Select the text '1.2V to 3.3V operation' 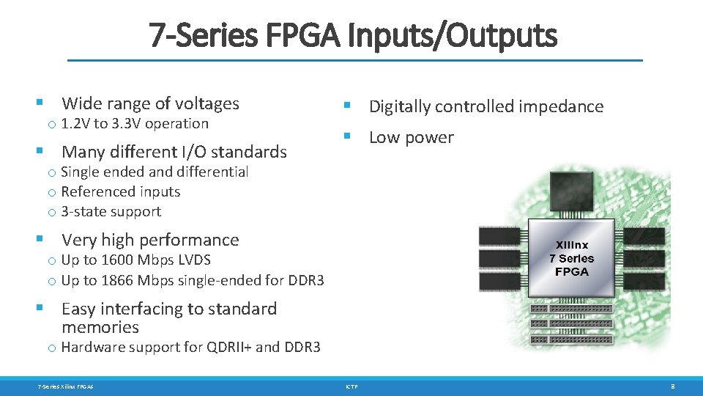[135, 123]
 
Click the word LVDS [193, 260]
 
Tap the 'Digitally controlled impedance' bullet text [486, 106]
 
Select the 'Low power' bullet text [411, 137]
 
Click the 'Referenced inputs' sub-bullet [121, 191]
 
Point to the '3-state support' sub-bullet [111, 211]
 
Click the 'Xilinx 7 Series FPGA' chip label [572, 258]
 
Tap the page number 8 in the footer [673, 386]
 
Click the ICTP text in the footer [351, 386]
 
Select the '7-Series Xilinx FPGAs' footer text [66, 386]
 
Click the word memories [100, 327]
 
